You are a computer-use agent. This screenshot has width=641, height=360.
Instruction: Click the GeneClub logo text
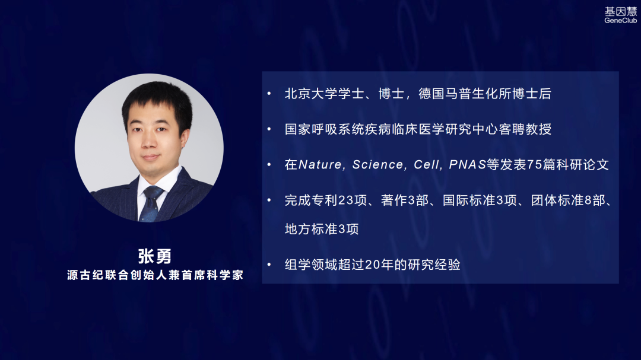coord(620,21)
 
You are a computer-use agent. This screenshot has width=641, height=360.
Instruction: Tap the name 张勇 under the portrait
coord(154,256)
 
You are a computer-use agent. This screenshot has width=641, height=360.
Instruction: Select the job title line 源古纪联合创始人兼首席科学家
coord(155,275)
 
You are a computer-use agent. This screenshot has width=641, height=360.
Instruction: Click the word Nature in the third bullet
coord(320,165)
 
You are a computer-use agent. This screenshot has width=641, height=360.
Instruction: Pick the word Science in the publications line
coord(377,165)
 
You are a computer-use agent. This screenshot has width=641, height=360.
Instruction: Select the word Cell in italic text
coord(426,165)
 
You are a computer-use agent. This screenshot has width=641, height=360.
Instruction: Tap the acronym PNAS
coord(468,165)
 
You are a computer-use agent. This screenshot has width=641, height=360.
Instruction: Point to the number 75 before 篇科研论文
coord(535,165)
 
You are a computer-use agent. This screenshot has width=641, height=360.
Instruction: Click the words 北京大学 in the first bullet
coord(311,94)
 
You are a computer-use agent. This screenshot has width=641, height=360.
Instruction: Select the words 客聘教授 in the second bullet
coord(525,129)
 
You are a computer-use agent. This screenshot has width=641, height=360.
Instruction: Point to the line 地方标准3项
coord(322,229)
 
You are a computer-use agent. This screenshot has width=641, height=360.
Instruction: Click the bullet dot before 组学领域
coord(269,265)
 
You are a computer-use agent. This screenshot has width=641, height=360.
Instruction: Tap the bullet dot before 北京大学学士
coord(269,94)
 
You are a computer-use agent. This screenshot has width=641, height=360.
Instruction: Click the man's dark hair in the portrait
coord(157,97)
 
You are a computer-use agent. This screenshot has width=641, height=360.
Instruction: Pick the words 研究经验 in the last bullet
coord(434,265)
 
